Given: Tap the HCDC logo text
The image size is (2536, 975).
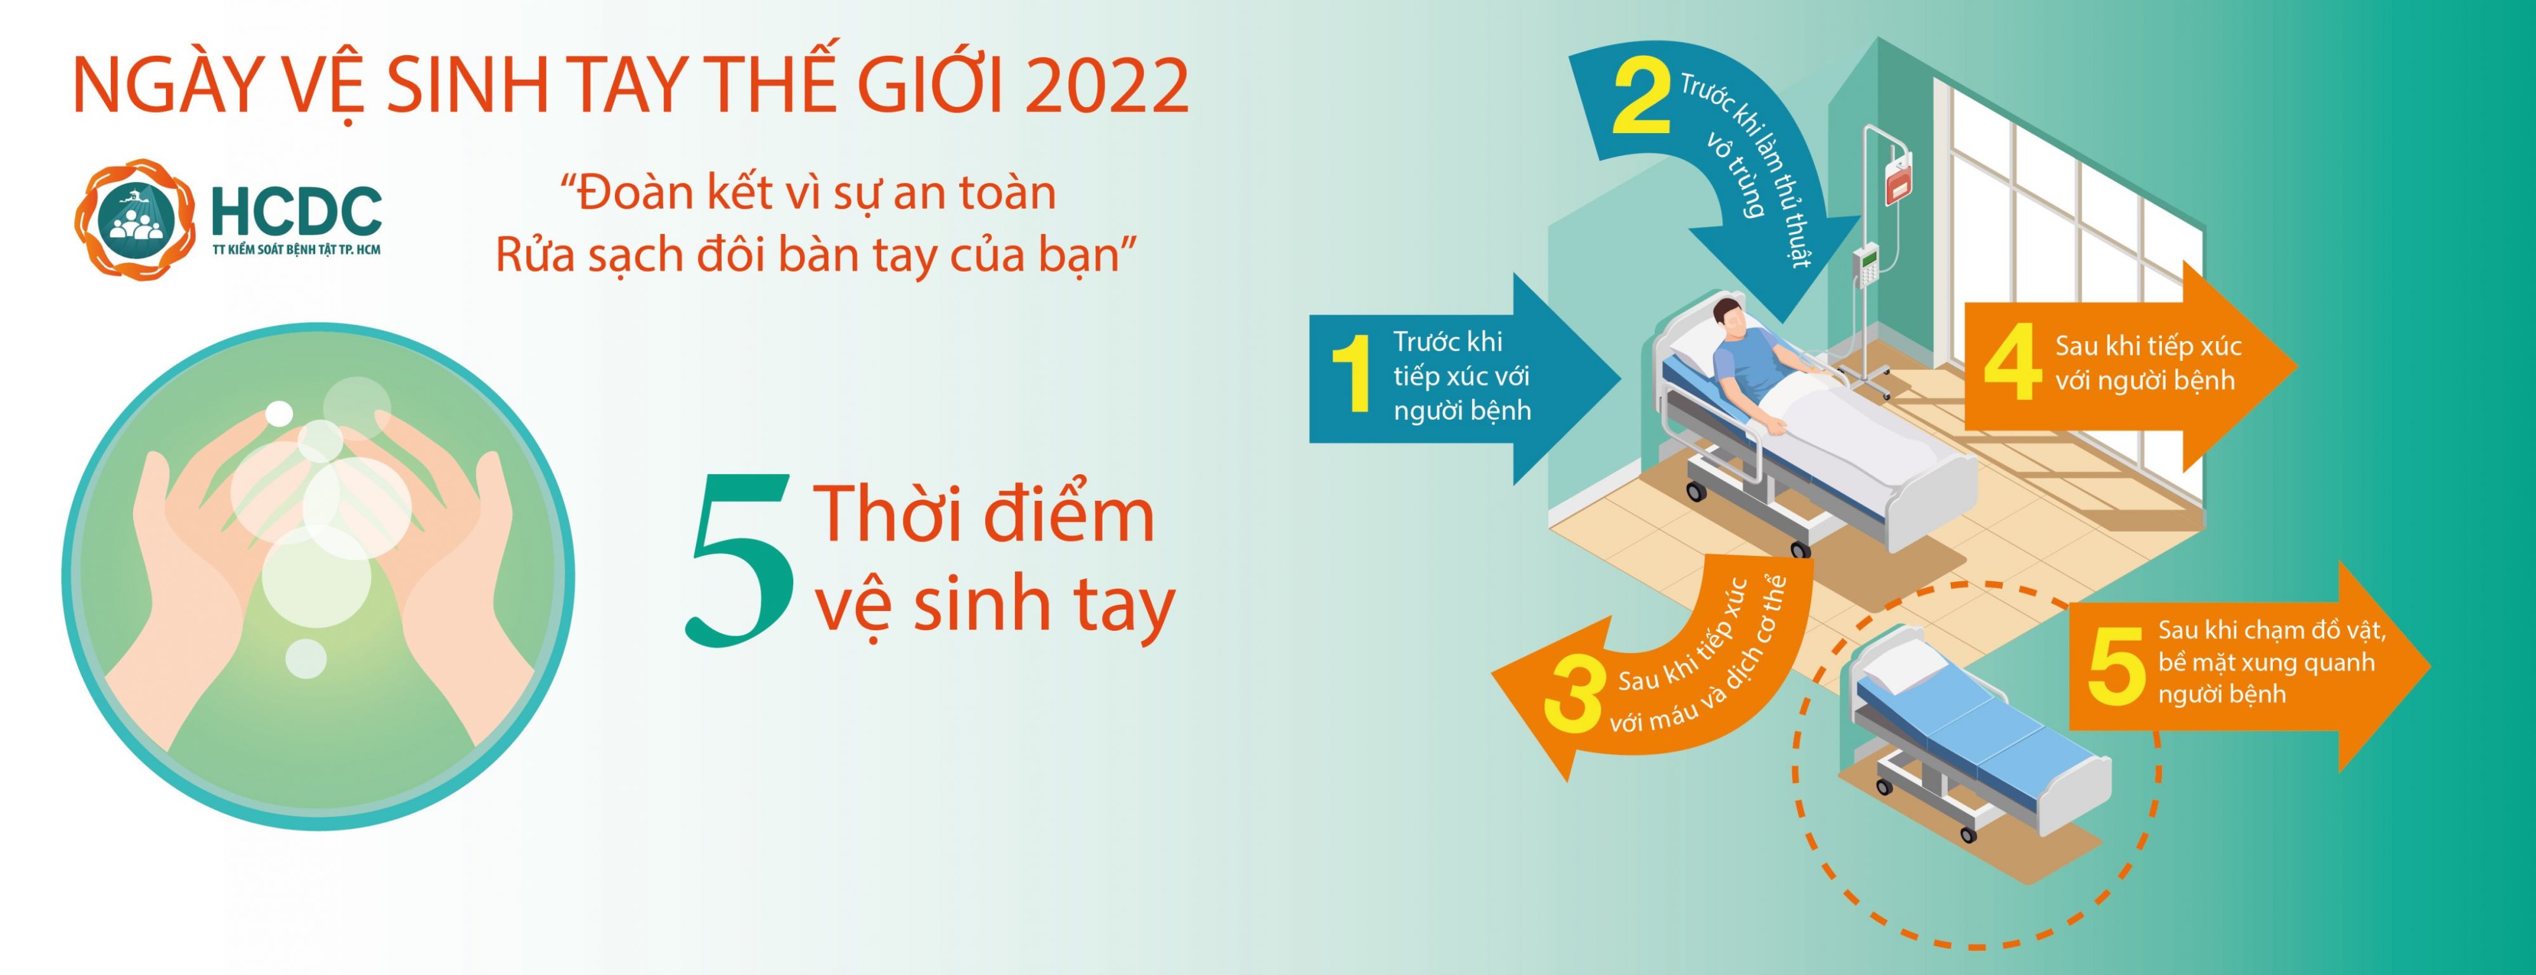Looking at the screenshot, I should tap(296, 210).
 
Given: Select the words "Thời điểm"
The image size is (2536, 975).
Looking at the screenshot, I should tap(985, 514).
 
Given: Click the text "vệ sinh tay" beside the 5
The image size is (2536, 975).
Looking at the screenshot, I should tap(994, 605).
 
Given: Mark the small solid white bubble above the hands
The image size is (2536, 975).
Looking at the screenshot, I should tap(280, 413).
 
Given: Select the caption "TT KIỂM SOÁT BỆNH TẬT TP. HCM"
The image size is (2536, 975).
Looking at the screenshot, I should tap(296, 250).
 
